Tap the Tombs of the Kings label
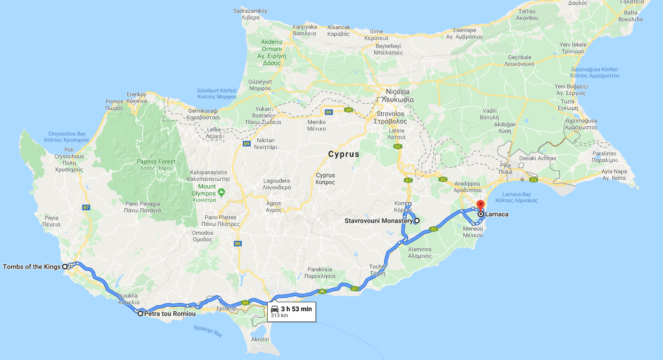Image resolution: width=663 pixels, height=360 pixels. point(32,267)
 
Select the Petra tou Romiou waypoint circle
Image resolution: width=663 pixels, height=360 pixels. point(140,313)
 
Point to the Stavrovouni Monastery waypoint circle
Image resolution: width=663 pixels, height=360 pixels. point(416,220)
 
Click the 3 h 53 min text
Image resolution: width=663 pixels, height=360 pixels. point(296,309)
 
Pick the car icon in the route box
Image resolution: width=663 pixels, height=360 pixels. point(275,309)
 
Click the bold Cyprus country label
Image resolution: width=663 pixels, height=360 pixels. point(343,154)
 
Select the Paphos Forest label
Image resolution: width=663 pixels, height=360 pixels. point(156,162)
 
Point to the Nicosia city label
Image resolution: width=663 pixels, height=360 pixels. point(397,92)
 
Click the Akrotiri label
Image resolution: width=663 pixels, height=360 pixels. point(260,339)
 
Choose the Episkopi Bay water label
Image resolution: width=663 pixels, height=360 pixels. point(208,331)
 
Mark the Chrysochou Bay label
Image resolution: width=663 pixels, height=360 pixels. point(67,134)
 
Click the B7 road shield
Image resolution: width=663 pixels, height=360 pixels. point(85,207)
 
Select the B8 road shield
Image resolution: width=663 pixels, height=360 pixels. point(238,243)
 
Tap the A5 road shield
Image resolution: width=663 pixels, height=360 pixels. point(433,229)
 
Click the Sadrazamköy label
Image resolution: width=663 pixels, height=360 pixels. point(250,11)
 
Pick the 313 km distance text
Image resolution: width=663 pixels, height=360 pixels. point(279,315)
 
